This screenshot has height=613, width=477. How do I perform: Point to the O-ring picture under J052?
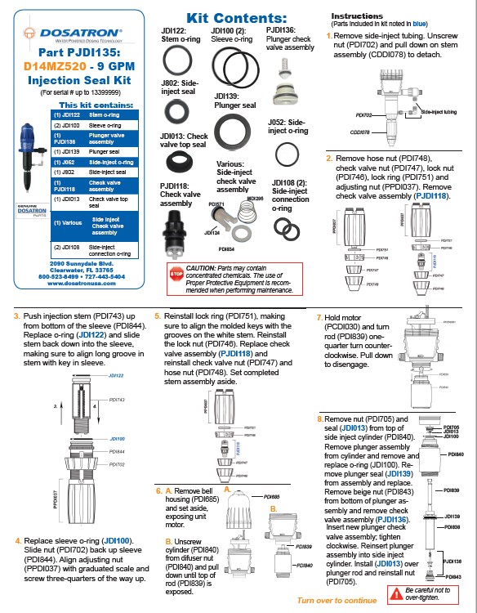coord(286,154)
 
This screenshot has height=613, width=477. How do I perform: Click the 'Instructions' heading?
coord(356,16)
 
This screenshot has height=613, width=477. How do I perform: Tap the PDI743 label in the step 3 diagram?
coord(119,400)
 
